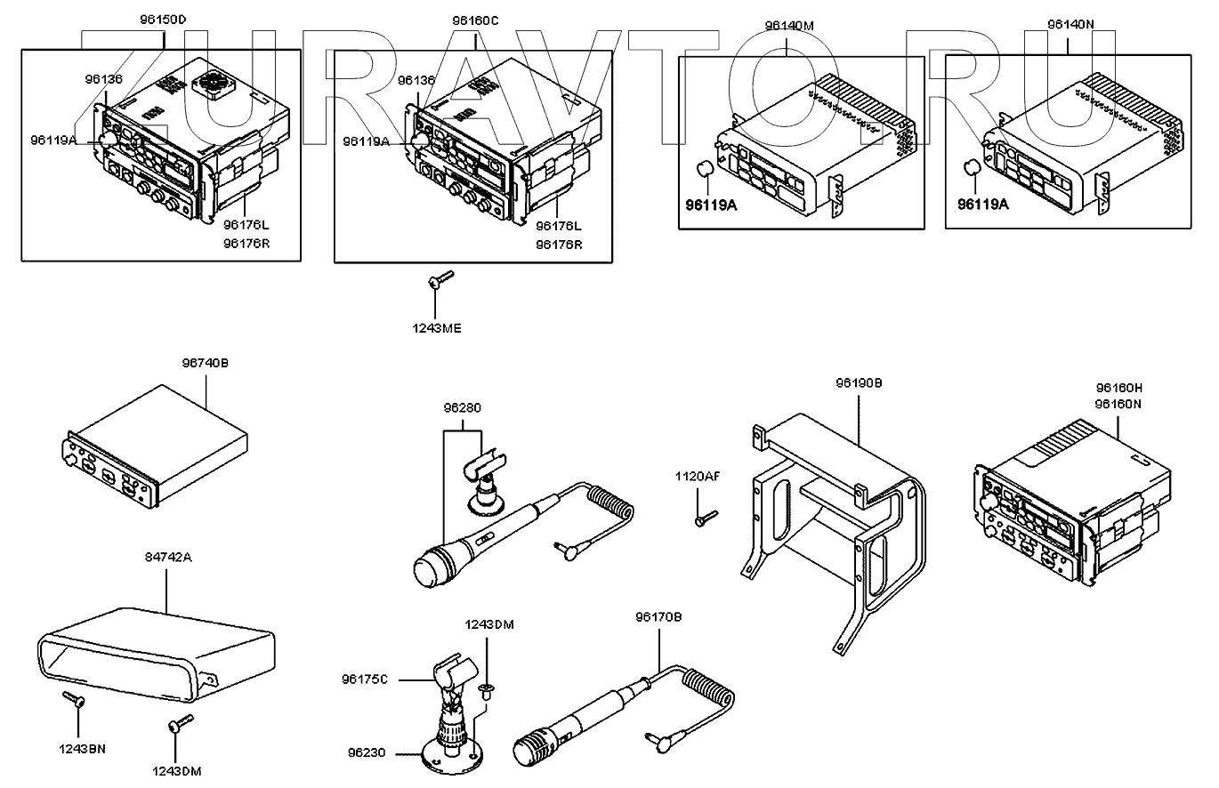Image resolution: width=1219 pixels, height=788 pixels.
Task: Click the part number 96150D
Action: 163,20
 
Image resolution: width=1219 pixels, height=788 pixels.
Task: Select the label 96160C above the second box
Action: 475,20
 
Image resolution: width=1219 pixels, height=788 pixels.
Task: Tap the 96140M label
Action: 789,26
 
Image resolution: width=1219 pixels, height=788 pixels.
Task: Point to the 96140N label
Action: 1071,25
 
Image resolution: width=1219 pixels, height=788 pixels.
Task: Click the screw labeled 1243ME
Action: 440,279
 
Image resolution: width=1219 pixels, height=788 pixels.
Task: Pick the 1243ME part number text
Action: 437,328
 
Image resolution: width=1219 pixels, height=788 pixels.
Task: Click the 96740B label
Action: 206,363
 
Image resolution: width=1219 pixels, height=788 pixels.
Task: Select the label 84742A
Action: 168,558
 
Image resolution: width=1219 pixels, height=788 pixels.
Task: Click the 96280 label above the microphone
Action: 463,408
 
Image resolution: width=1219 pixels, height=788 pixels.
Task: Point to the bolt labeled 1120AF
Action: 706,518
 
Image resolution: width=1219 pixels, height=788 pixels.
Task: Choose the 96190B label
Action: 860,383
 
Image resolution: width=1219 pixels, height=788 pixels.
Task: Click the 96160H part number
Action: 1118,388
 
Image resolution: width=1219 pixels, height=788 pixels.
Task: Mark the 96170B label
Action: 658,617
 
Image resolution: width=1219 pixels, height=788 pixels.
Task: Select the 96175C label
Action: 365,679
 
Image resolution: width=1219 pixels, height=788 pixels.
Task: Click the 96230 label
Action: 367,753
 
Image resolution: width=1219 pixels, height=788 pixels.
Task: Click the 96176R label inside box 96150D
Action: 246,244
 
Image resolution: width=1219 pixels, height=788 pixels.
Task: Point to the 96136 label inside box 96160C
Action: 416,80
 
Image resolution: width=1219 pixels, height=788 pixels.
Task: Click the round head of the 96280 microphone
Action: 428,569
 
